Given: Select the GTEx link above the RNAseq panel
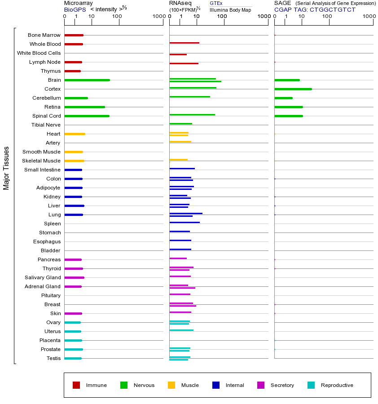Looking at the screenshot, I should click(x=216, y=3).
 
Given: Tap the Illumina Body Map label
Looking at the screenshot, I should click(x=230, y=9).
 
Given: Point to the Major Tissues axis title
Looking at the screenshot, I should click(x=6, y=168).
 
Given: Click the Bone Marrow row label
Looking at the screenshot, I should click(x=44, y=35).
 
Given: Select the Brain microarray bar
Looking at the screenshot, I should click(x=87, y=80).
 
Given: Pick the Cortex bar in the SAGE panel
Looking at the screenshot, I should click(x=293, y=89).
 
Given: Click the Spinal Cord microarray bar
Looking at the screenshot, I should click(x=87, y=116).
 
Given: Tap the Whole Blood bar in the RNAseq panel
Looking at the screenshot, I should click(x=184, y=43).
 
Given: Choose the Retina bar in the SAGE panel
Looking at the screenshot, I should click(x=288, y=107).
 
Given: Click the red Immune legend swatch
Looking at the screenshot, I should click(x=76, y=385).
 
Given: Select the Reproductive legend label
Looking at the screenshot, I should click(x=337, y=385).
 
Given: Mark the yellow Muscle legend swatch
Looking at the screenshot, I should click(x=171, y=385).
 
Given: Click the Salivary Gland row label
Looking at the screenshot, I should click(x=43, y=277).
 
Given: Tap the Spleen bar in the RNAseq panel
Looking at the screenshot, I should click(x=185, y=223).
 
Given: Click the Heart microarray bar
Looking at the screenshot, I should click(x=75, y=134).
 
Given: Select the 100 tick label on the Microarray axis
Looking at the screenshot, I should click(x=117, y=17).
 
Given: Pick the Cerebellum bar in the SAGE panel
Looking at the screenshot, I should click(x=283, y=98).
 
